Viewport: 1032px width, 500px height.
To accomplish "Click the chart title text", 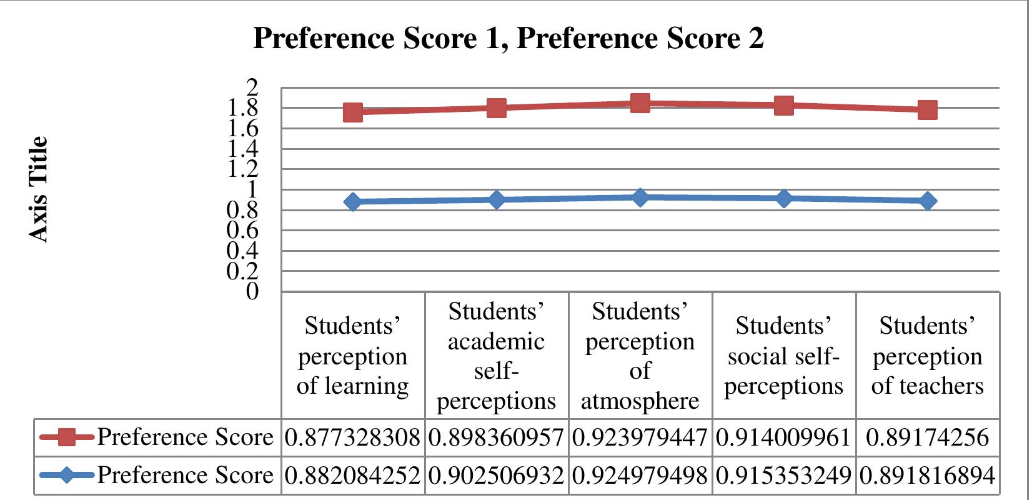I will tap(508, 39).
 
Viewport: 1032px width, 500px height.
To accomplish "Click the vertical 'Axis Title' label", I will tap(39, 189).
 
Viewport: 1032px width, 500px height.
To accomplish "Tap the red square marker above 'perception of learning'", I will tap(353, 112).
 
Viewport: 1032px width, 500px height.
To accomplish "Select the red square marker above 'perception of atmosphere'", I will tap(640, 103).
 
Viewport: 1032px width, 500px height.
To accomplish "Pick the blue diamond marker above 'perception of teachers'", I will tap(928, 201).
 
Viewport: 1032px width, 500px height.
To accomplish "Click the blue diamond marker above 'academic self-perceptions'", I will tap(497, 200).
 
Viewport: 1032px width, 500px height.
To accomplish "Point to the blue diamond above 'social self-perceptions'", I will tap(784, 199).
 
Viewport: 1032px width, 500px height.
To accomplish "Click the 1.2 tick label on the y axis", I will tap(245, 169).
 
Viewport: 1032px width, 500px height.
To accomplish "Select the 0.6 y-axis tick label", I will tap(245, 231).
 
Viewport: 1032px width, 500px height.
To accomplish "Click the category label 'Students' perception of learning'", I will tap(353, 356).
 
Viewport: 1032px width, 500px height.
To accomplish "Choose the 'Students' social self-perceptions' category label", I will tap(784, 356).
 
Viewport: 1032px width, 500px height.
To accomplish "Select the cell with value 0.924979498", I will tap(640, 476).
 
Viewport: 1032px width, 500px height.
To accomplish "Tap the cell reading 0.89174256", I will tap(928, 437).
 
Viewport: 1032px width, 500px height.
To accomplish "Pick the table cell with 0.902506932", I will tap(497, 476).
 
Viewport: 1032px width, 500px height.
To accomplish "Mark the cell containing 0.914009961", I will tap(784, 437).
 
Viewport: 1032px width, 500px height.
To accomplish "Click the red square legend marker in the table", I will tap(67, 437).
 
